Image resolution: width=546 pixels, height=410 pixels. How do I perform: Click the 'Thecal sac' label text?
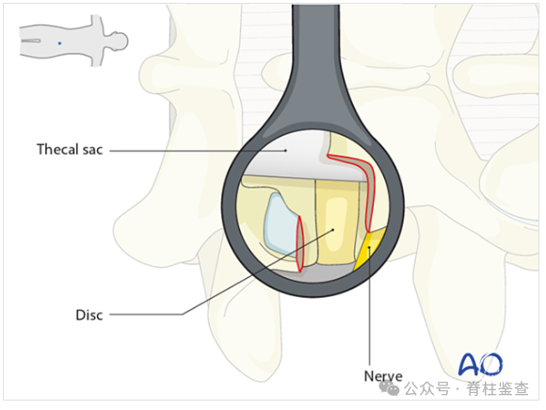pyautogui.click(x=70, y=150)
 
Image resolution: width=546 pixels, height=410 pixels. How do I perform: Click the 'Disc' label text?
pyautogui.click(x=89, y=315)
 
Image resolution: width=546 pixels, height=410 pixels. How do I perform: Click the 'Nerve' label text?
pyautogui.click(x=383, y=376)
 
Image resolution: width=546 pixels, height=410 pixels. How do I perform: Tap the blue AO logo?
pyautogui.click(x=481, y=364)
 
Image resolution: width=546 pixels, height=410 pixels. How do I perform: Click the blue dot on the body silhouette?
pyautogui.click(x=59, y=43)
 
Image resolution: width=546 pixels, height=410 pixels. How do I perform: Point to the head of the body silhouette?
pyautogui.click(x=118, y=41)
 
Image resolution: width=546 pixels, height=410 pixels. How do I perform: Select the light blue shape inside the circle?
pyautogui.click(x=281, y=223)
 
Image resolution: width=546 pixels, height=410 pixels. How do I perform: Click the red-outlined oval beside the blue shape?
pyautogui.click(x=299, y=244)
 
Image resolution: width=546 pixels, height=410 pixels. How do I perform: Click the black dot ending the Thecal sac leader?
pyautogui.click(x=285, y=151)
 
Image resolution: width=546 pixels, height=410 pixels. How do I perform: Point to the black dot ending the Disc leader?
pyautogui.click(x=333, y=230)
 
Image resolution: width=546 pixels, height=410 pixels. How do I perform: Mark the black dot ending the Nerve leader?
pyautogui.click(x=369, y=247)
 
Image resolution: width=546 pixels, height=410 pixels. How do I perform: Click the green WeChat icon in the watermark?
pyautogui.click(x=390, y=388)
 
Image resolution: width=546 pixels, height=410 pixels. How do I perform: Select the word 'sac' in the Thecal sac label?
pyautogui.click(x=92, y=150)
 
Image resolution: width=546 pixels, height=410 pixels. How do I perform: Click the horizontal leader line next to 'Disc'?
pyautogui.click(x=146, y=315)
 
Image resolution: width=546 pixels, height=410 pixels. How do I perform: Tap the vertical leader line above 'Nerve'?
pyautogui.click(x=369, y=307)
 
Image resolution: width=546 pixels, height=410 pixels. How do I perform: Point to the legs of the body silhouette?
pyautogui.click(x=39, y=41)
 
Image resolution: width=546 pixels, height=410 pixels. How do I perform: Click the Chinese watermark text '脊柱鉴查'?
pyautogui.click(x=498, y=388)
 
